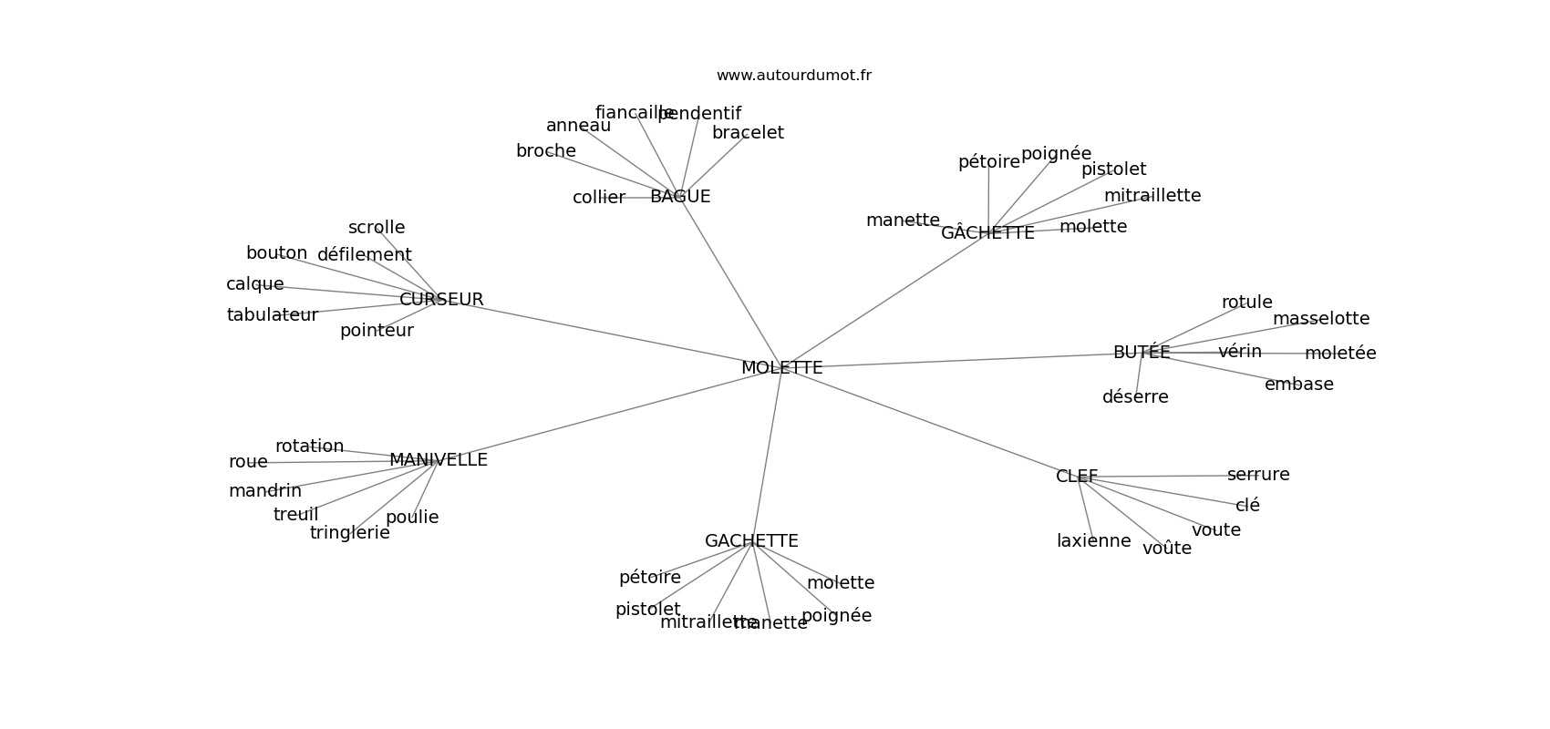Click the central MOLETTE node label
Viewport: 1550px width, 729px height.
pos(781,368)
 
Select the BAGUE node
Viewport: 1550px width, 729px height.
pos(680,197)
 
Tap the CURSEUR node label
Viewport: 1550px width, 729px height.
pos(441,300)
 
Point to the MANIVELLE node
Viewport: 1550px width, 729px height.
pos(439,460)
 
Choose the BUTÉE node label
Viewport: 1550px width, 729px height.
pos(1141,353)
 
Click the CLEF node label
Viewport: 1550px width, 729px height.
pos(1077,477)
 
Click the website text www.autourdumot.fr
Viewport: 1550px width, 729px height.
pos(793,76)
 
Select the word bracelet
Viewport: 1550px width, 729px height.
pos(748,133)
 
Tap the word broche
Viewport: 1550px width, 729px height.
pos(546,151)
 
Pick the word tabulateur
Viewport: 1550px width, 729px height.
pos(272,315)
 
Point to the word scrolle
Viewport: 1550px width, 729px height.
pos(377,228)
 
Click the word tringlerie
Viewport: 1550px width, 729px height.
pos(349,533)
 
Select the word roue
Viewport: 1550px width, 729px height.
pos(248,462)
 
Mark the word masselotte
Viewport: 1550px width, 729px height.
pos(1321,319)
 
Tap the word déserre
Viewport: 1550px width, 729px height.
pos(1135,397)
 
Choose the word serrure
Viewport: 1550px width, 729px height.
pos(1258,475)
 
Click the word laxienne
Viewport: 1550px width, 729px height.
pos(1093,541)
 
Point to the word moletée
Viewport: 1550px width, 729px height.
pos(1340,354)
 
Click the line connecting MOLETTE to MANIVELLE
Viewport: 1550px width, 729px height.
pos(602,416)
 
